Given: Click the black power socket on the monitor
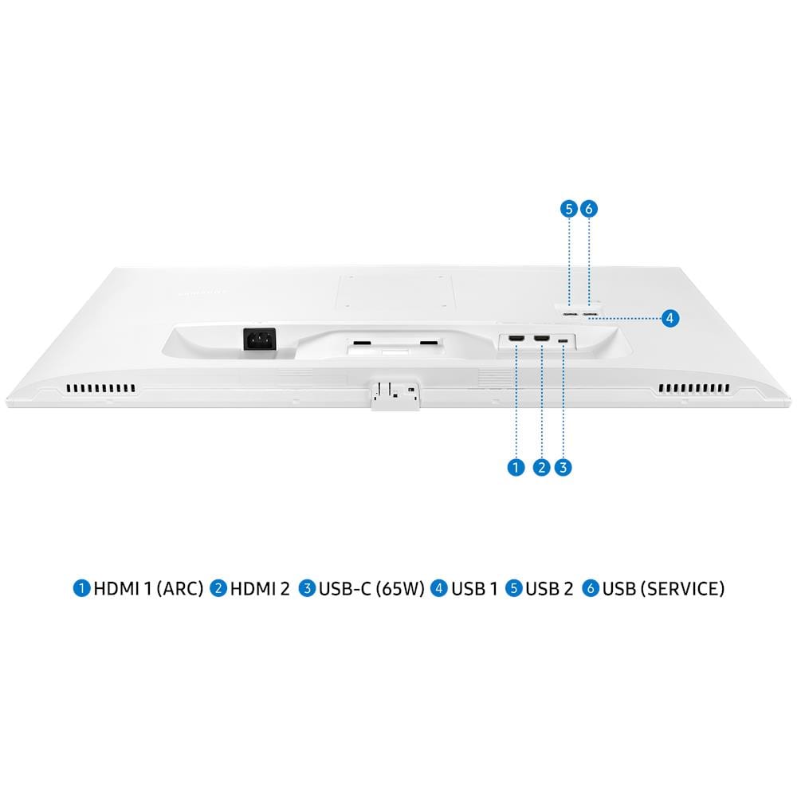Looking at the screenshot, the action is click(x=260, y=339).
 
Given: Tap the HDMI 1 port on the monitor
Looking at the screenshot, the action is click(x=516, y=338).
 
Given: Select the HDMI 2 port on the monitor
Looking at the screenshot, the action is click(x=541, y=338).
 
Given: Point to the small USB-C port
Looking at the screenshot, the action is click(x=563, y=340).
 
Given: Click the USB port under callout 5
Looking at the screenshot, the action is click(x=571, y=314).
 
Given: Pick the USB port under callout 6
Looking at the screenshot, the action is click(x=590, y=314).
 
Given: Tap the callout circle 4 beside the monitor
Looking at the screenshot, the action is click(x=670, y=318).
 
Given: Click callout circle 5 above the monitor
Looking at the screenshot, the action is click(x=569, y=208).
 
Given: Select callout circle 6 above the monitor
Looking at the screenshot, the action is click(x=589, y=208).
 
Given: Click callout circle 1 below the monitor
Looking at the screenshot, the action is click(x=516, y=467).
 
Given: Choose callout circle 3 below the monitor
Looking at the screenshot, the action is click(x=563, y=467).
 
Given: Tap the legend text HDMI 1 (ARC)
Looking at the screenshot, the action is click(x=148, y=589).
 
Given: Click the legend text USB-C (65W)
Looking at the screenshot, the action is click(x=371, y=589).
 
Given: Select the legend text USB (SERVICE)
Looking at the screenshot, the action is click(x=663, y=589).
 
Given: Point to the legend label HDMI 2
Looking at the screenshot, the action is click(x=260, y=589).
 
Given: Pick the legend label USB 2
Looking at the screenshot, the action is click(x=549, y=589).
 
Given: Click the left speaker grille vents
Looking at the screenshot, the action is click(x=101, y=389).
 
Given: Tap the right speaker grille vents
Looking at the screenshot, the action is click(x=694, y=389).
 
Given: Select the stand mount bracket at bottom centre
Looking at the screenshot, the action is click(x=395, y=395).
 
